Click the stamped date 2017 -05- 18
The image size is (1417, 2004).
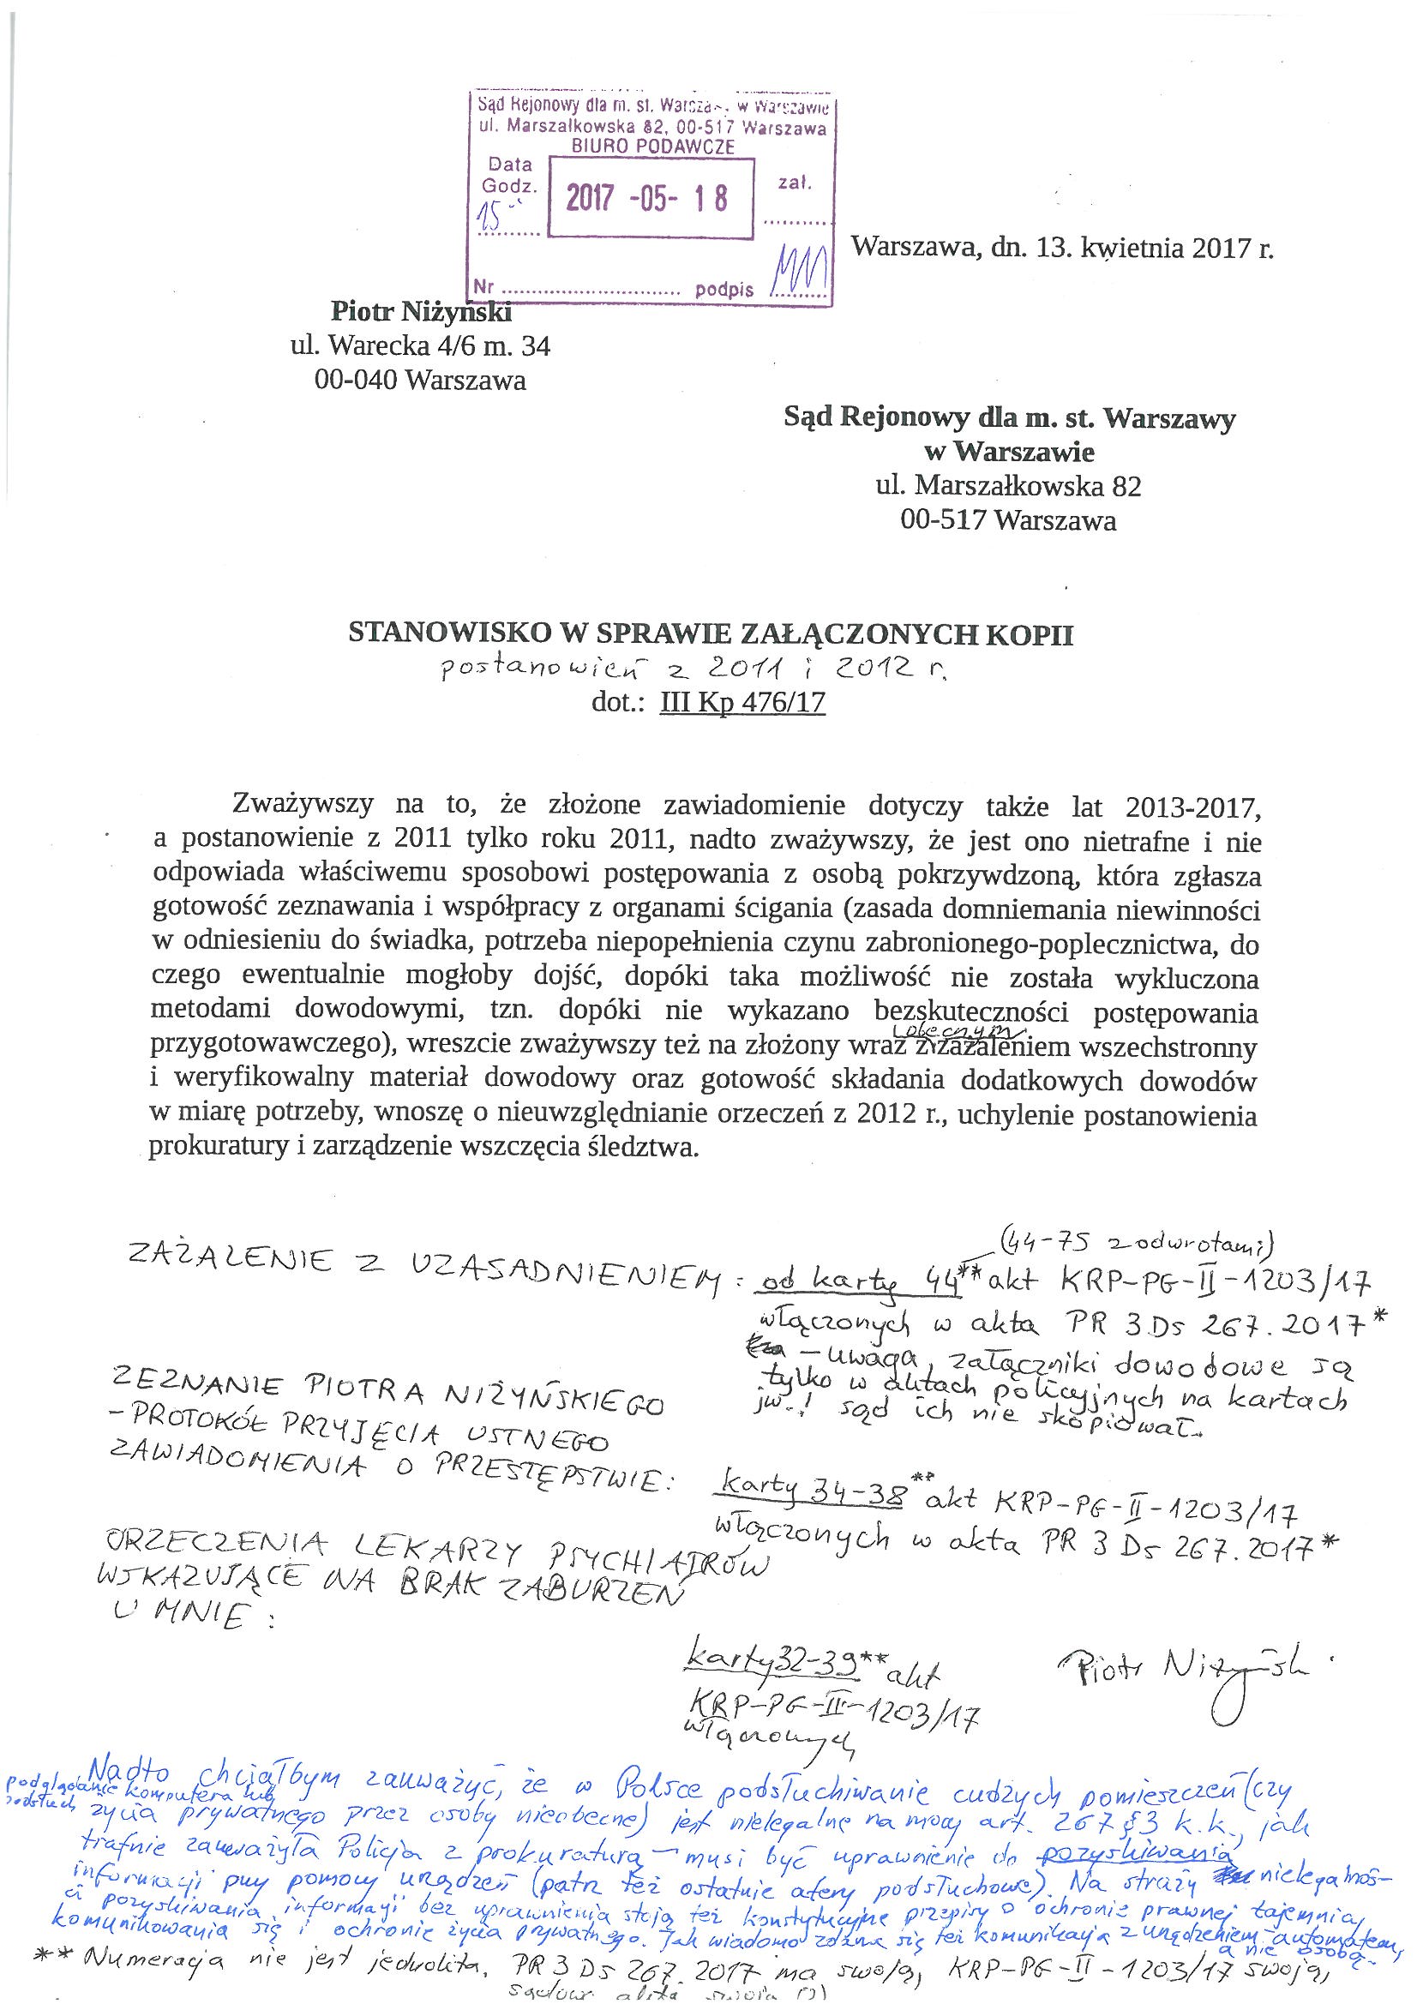[647, 200]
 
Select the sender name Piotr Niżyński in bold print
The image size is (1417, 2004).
[420, 311]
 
